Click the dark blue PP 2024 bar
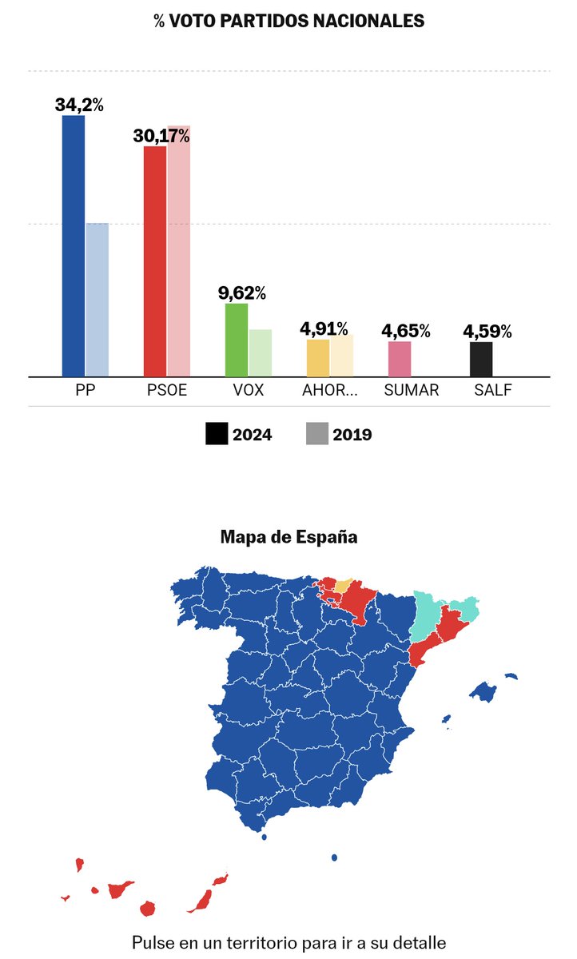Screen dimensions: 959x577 74,246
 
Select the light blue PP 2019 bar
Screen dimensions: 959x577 97,300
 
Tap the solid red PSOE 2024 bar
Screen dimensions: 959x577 155,261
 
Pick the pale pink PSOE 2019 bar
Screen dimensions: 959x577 179,251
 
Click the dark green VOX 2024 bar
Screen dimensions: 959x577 237,340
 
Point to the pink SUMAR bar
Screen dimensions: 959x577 400,359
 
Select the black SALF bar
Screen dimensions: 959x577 481,359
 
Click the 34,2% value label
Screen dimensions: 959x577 79,105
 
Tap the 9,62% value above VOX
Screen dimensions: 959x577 241,292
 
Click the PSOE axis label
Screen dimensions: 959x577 166,391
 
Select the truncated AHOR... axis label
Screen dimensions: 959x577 329,391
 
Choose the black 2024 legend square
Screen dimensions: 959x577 217,434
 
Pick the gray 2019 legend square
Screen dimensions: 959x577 317,434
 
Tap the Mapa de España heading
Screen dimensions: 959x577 288,537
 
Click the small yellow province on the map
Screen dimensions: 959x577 342,586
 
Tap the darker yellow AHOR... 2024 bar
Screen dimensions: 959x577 318,358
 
